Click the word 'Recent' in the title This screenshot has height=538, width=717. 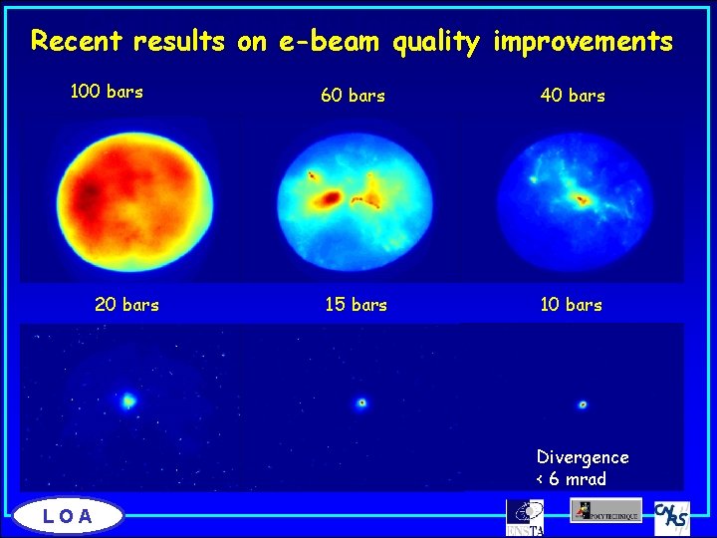[x=76, y=42]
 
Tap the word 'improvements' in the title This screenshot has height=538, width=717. [x=583, y=42]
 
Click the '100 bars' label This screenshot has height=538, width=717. [x=107, y=93]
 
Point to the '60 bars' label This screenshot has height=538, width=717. [x=353, y=97]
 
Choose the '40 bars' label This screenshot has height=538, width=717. [x=573, y=97]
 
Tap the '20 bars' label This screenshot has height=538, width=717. [x=126, y=305]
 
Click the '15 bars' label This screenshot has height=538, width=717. [x=356, y=305]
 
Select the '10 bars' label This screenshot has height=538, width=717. [x=571, y=305]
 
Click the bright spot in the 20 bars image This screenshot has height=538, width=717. [x=128, y=402]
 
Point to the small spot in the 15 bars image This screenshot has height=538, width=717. [x=361, y=403]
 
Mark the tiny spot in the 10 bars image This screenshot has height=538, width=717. [x=583, y=404]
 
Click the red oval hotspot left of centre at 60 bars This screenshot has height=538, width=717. [x=328, y=200]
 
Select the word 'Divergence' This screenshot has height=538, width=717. [x=583, y=457]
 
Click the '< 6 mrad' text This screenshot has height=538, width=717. [x=571, y=479]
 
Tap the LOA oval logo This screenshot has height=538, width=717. [x=69, y=515]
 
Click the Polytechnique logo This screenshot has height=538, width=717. [x=605, y=510]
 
